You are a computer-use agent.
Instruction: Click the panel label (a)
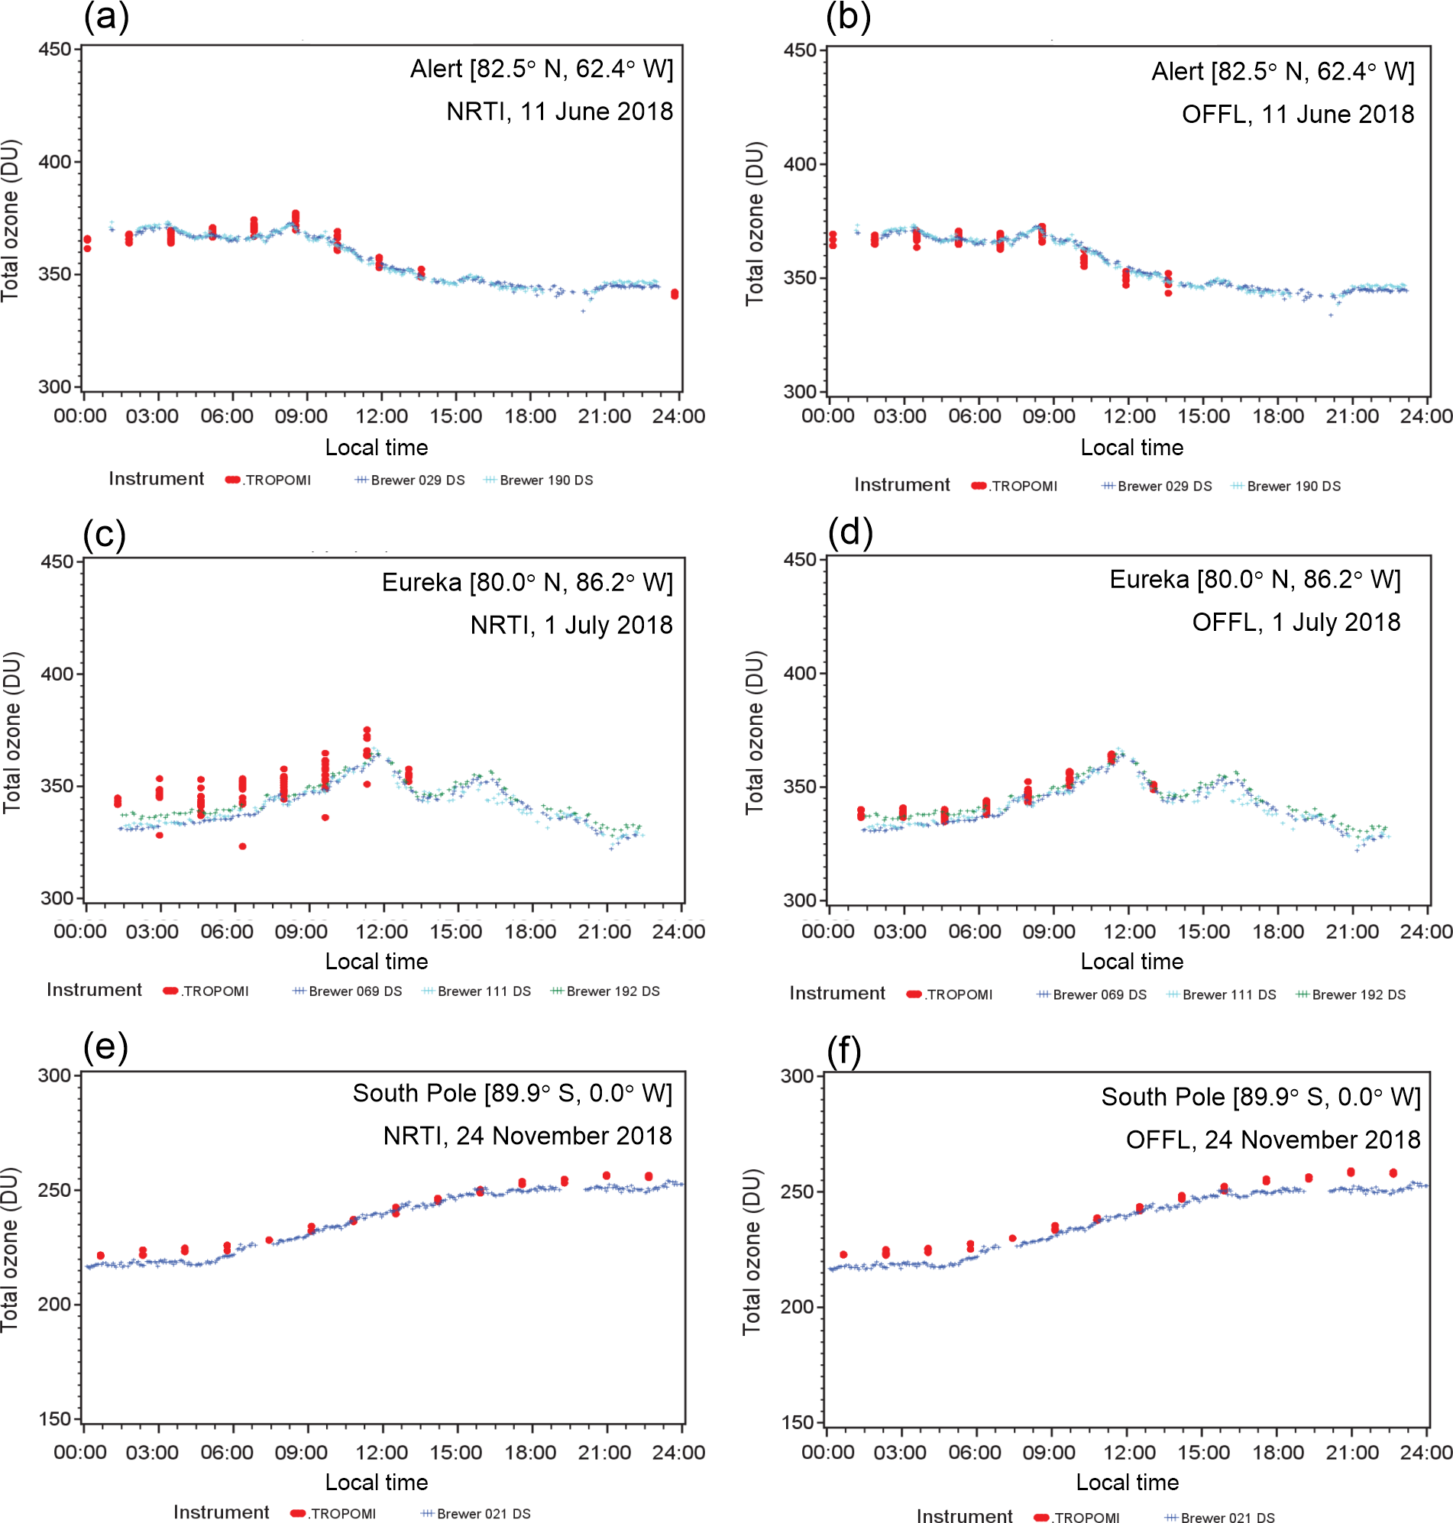tap(106, 17)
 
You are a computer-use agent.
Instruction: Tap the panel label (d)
tap(849, 532)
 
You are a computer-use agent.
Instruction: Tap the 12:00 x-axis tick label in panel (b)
tap(1129, 416)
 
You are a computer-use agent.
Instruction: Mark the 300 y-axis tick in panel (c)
tap(57, 898)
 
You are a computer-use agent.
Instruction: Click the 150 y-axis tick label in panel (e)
tap(55, 1418)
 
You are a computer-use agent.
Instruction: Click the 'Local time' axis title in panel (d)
tap(1131, 961)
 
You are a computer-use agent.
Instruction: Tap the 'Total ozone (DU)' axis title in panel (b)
tap(756, 224)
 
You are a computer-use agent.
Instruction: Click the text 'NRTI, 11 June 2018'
tap(559, 112)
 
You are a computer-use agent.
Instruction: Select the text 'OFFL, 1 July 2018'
tap(1296, 622)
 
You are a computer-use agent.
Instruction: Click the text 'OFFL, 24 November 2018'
tap(1273, 1139)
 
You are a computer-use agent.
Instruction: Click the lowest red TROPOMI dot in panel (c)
tap(242, 846)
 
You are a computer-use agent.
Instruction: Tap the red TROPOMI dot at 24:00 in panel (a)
tap(675, 294)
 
